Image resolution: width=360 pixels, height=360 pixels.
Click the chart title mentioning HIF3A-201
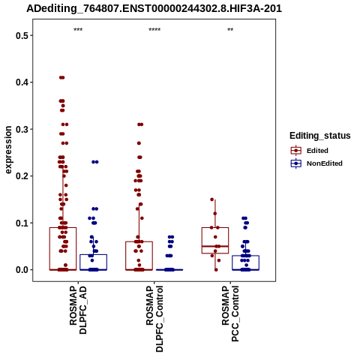coord(154,8)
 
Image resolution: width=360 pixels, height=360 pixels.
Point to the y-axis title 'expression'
coord(8,150)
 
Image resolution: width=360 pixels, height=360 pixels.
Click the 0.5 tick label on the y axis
coord(21,35)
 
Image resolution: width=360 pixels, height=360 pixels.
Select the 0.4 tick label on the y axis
coord(21,82)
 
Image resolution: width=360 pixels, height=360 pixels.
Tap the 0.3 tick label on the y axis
coord(21,129)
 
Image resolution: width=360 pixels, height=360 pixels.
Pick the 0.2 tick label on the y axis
coord(21,176)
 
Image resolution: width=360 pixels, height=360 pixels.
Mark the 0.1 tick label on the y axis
coord(21,223)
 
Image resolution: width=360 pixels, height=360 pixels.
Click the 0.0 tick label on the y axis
coord(21,270)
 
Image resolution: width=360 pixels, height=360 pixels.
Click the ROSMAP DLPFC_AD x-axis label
coord(78,310)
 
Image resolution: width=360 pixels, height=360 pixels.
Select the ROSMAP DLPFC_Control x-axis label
coord(154,319)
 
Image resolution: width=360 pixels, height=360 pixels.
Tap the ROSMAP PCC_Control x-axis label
coord(230,313)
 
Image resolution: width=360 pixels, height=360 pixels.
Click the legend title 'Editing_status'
coord(320,136)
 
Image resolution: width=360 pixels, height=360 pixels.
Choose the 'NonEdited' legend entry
coord(316,163)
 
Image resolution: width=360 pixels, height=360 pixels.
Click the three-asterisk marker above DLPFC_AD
coord(78,30)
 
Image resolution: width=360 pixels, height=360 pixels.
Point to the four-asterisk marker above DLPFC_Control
coord(154,30)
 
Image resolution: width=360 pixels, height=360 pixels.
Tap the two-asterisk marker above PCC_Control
coord(230,30)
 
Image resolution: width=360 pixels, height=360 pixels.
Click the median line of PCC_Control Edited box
coord(215,246)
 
